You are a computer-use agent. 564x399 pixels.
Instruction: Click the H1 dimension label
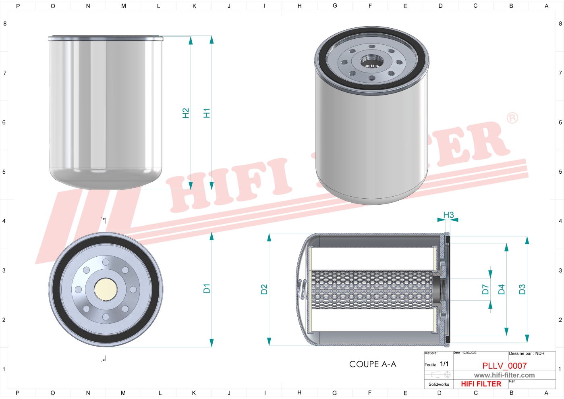207,113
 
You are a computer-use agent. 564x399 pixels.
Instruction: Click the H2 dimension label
186,113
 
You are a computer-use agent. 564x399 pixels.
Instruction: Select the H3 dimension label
448,215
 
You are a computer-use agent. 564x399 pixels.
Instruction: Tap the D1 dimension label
207,289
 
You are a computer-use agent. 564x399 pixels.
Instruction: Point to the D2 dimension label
264,289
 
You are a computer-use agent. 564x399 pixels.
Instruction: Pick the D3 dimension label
522,289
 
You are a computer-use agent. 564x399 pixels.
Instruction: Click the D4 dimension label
501,289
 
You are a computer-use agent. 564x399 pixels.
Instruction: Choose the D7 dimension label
485,289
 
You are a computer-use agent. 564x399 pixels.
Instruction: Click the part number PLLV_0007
504,366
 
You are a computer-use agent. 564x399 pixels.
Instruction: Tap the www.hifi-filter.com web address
504,375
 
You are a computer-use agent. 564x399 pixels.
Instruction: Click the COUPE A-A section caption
373,364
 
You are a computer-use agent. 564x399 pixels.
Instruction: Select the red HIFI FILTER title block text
481,384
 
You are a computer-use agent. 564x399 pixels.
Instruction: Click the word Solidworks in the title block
439,384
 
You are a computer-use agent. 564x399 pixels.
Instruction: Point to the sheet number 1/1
444,364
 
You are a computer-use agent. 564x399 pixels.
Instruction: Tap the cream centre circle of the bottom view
106,289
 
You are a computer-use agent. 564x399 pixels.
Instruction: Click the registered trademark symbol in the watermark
512,118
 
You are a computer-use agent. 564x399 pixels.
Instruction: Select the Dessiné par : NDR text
527,353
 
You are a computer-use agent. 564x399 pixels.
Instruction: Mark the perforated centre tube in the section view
371,289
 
